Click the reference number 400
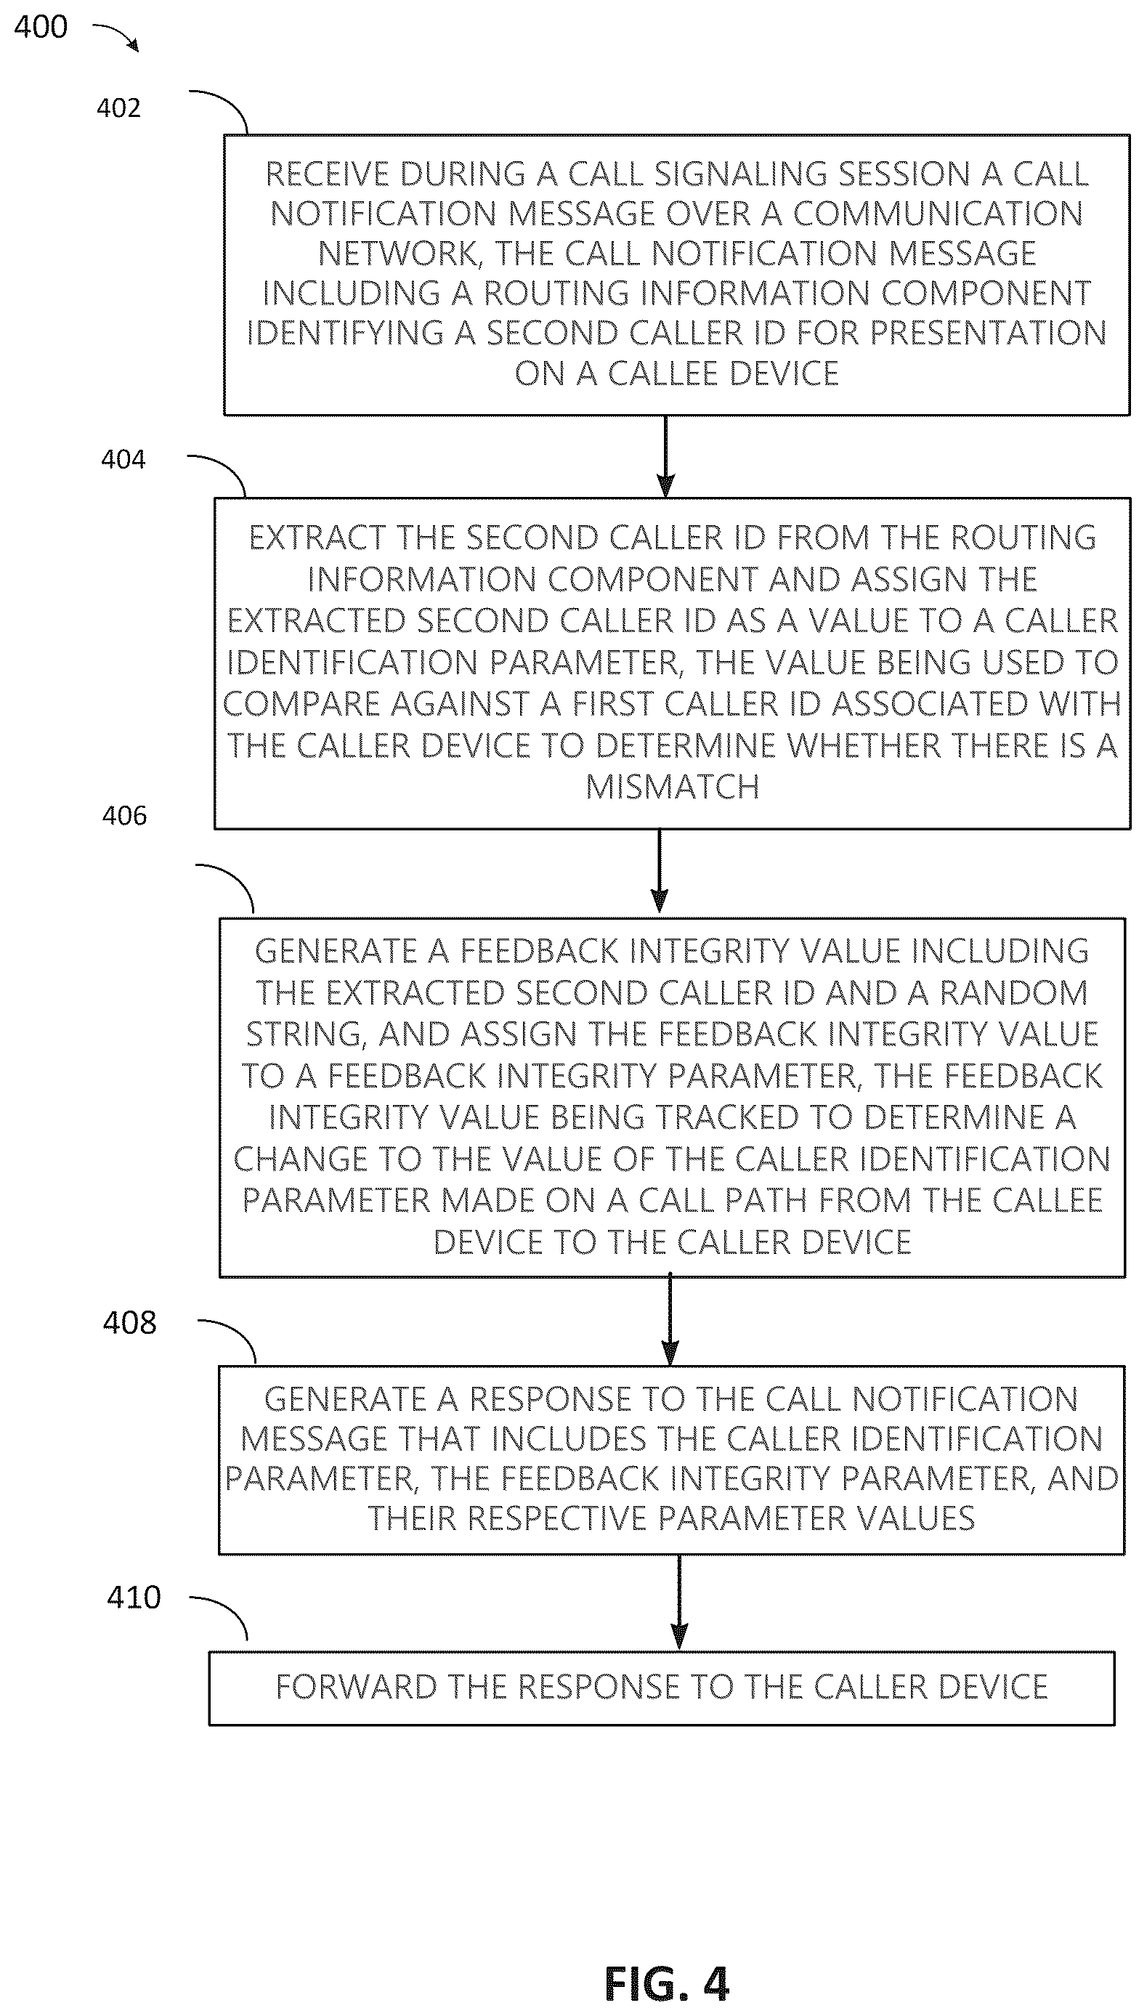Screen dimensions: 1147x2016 point(41,27)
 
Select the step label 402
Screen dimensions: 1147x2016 point(118,108)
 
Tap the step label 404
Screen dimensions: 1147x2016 point(123,459)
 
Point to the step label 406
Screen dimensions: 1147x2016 point(124,815)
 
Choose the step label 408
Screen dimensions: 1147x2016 point(130,1323)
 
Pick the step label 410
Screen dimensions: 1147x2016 point(134,1597)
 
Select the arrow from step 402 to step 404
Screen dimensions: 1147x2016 point(665,456)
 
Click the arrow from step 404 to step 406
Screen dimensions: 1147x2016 point(660,871)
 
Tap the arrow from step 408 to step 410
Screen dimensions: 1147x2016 point(679,1603)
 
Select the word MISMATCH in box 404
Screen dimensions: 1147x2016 point(673,787)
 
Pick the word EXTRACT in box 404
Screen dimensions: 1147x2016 point(317,538)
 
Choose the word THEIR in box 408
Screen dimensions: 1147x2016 point(413,1518)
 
